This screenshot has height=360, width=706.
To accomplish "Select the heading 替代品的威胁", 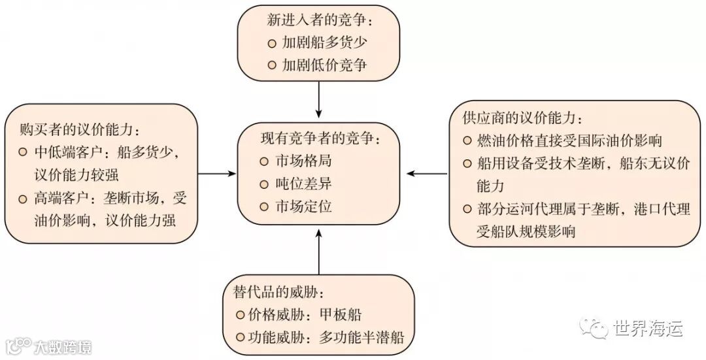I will (278, 289).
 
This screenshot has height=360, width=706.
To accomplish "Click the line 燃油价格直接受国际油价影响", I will (572, 140).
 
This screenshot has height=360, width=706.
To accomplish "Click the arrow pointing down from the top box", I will (318, 98).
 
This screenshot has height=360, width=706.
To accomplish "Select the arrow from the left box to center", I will (216, 173).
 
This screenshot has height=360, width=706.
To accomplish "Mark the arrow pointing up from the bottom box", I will (318, 252).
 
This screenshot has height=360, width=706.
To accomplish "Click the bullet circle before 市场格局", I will (264, 161).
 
